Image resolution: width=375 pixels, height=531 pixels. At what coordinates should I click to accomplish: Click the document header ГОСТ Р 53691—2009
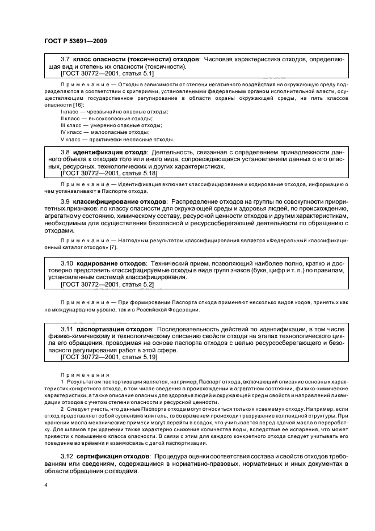pos(75,41)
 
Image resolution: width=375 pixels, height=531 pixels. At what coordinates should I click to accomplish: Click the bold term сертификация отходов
pos(115,456)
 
